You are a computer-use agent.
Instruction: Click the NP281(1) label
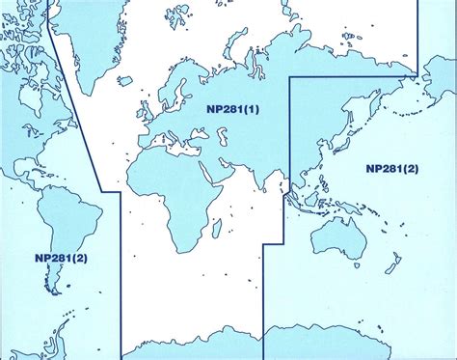pyautogui.click(x=232, y=109)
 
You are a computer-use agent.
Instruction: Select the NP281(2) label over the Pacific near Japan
pyautogui.click(x=391, y=168)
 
